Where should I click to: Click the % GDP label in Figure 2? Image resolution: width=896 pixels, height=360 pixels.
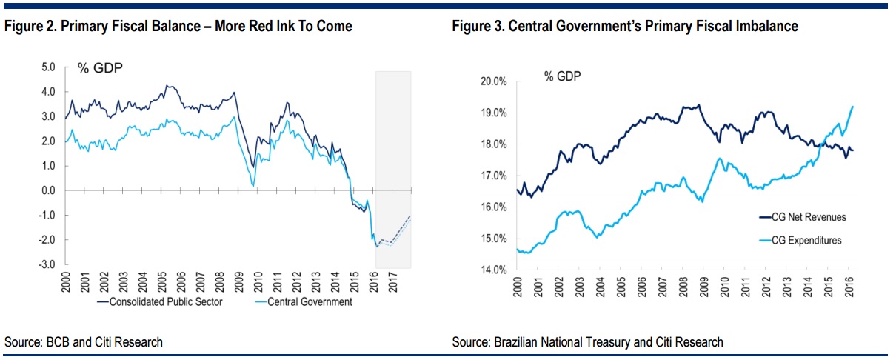click(100, 69)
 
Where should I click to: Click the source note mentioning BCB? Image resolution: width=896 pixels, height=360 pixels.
click(84, 341)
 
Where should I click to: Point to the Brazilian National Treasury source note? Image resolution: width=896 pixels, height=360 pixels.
click(587, 341)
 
